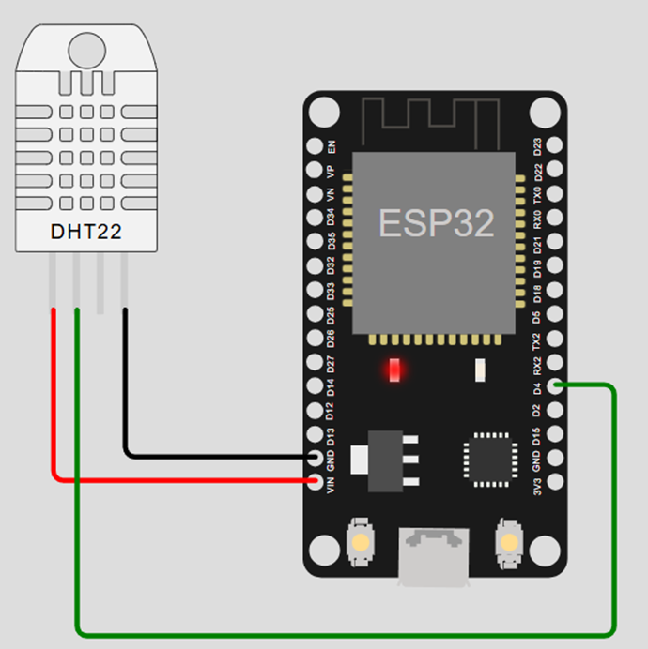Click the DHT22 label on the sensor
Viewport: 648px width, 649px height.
(x=85, y=231)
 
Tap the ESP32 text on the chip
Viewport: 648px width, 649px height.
(x=436, y=222)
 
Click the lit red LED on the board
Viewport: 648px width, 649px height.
(x=395, y=370)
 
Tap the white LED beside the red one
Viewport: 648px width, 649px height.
(x=479, y=370)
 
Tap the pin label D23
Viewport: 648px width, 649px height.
(x=537, y=146)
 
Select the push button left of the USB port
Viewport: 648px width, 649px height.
(x=361, y=542)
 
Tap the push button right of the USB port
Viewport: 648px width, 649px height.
(x=508, y=542)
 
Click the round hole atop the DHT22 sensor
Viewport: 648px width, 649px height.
(x=86, y=49)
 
